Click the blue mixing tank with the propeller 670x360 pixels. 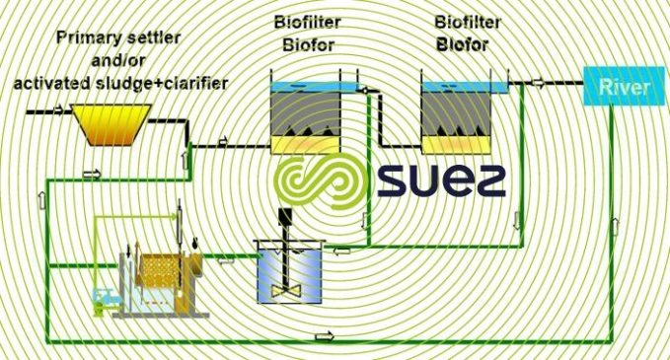pyautogui.click(x=290, y=270)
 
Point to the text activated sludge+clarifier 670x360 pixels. pyautogui.click(x=119, y=83)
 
